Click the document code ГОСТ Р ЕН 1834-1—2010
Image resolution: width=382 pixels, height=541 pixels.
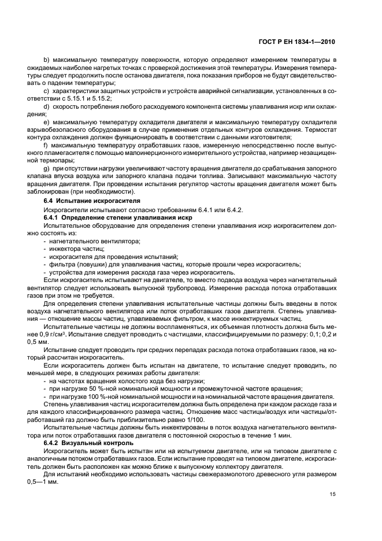(299, 42)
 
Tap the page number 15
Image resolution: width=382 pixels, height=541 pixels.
(332, 494)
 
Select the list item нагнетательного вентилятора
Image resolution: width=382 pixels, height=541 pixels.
(87, 240)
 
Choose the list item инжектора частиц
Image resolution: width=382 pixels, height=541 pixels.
(73, 247)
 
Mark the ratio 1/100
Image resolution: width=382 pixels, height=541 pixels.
(175, 420)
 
